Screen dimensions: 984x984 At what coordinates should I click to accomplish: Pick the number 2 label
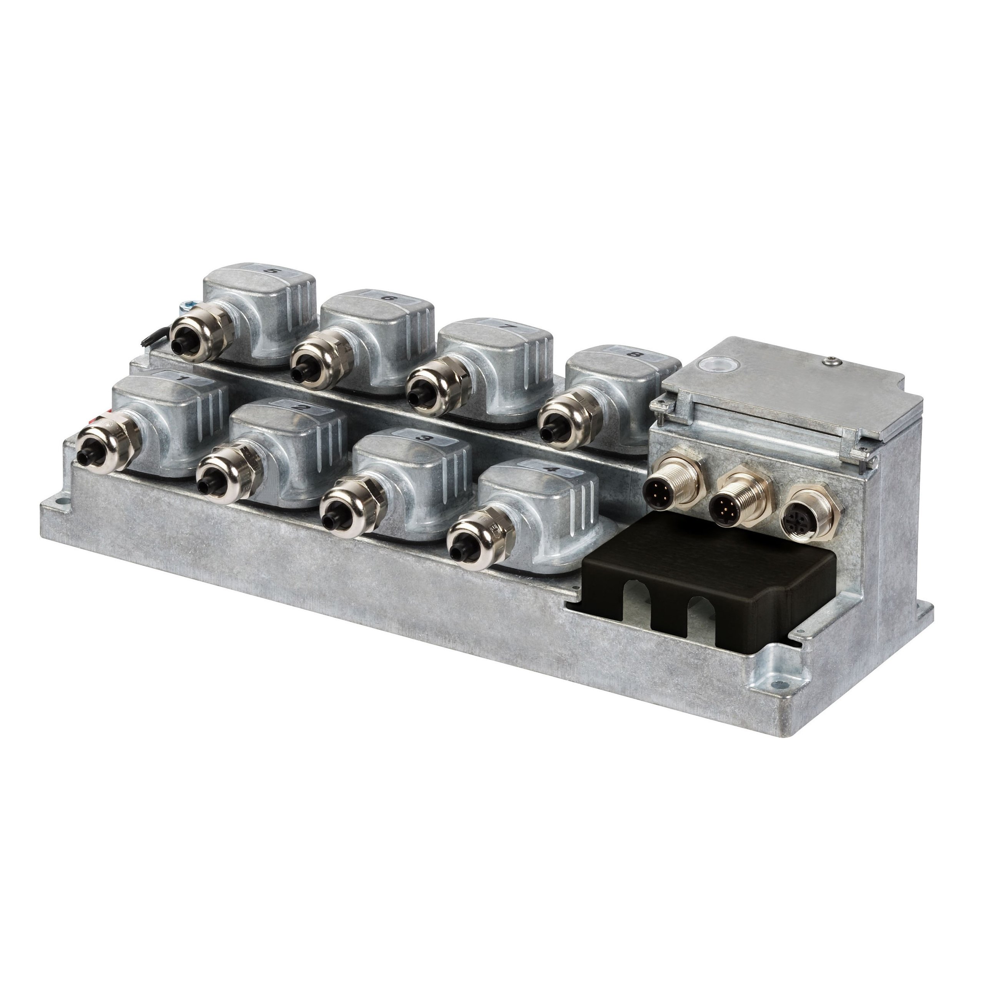tap(301, 408)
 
